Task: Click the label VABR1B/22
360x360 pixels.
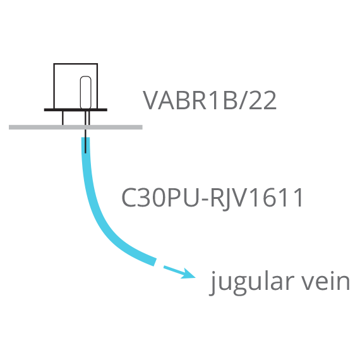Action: click(x=210, y=100)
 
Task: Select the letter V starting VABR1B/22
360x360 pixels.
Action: click(x=152, y=100)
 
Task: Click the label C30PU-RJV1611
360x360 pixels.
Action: click(x=212, y=198)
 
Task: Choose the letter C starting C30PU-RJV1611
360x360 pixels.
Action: click(x=129, y=197)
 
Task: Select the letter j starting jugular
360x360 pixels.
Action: click(x=213, y=284)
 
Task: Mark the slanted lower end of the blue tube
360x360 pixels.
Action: click(x=155, y=262)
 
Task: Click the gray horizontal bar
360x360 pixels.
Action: click(x=76, y=127)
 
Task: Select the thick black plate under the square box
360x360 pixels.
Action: click(x=76, y=110)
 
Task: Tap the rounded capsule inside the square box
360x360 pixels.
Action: click(x=86, y=92)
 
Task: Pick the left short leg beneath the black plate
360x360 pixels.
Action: click(x=63, y=118)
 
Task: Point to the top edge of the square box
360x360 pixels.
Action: click(x=76, y=64)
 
